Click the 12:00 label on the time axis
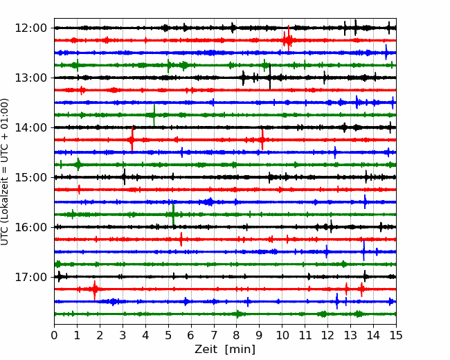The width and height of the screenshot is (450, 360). click(x=31, y=28)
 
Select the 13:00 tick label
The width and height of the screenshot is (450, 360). click(x=31, y=78)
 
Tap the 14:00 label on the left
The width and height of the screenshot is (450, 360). click(x=31, y=127)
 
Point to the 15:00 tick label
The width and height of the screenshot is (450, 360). click(x=31, y=177)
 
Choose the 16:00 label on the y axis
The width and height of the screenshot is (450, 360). click(x=31, y=227)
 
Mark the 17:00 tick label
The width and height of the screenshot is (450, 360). click(x=31, y=277)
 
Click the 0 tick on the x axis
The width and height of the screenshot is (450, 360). click(x=54, y=335)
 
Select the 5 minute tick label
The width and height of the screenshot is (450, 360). click(x=168, y=335)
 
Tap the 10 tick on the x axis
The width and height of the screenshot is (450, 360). click(x=282, y=335)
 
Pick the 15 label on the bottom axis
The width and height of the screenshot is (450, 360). click(x=396, y=335)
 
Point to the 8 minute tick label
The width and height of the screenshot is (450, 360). click(x=237, y=335)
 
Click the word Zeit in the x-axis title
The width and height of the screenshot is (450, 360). click(x=206, y=349)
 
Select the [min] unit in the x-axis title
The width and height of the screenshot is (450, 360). click(x=240, y=350)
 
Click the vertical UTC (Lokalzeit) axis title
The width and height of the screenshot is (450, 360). click(x=5, y=172)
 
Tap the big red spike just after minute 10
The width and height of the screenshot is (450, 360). click(x=289, y=38)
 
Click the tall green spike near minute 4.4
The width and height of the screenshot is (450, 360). click(x=154, y=115)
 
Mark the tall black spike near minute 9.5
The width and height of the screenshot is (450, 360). click(x=270, y=77)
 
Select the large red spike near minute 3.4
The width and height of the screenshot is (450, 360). click(x=132, y=139)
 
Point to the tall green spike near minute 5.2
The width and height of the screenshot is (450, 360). click(x=173, y=215)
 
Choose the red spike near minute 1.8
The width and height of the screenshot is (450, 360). click(x=94, y=290)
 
